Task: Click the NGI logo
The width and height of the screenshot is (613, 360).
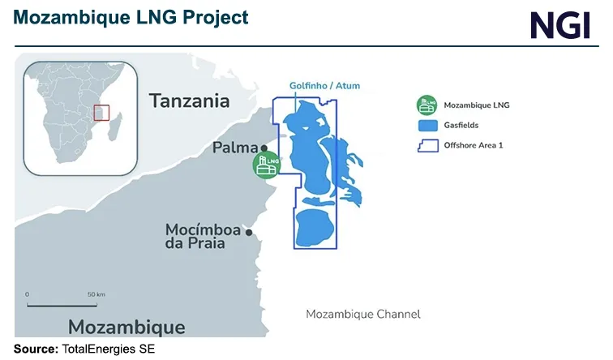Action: pos(560,24)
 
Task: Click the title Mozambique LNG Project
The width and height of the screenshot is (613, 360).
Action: pos(130,17)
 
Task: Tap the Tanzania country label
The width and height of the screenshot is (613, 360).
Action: pos(189,101)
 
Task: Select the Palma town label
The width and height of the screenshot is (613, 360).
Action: pos(235,148)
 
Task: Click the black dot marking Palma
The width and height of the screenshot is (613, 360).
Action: pos(264,148)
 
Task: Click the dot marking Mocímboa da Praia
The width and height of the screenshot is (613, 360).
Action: pos(249,233)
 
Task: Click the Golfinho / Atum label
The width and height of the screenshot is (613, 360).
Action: pos(325,86)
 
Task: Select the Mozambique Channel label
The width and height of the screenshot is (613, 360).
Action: pos(362,314)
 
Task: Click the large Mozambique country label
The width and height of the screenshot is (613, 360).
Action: pos(126,327)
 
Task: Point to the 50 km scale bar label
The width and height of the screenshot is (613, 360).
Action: pos(96,294)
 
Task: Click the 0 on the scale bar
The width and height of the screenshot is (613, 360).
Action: pos(27,294)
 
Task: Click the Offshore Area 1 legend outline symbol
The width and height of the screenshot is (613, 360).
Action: pos(426,147)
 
